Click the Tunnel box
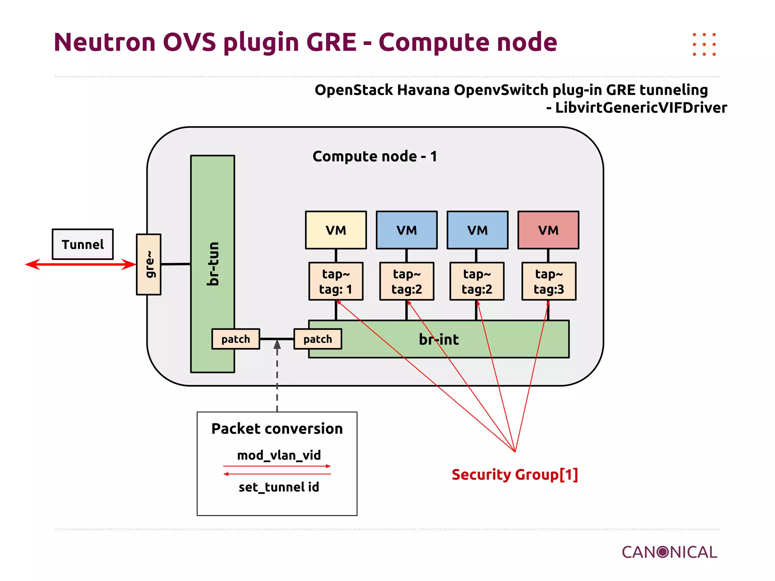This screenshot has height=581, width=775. [x=82, y=244]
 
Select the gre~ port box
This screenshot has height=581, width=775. [x=149, y=264]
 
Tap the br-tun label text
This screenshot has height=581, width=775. [x=213, y=264]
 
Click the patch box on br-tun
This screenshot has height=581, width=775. [x=235, y=339]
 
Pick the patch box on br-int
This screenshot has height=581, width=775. [x=318, y=339]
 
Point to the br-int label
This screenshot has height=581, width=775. [x=439, y=339]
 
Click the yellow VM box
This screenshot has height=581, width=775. [x=336, y=230]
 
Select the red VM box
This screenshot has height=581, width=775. [x=548, y=230]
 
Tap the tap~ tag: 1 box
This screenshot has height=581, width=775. [x=336, y=281]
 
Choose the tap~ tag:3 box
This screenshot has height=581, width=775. [x=549, y=281]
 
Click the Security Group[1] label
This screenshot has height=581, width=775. [x=515, y=474]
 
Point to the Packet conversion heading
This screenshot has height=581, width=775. [x=277, y=429]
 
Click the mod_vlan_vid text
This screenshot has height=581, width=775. [x=279, y=455]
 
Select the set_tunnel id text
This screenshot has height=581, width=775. [x=279, y=487]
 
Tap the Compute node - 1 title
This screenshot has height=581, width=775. [x=375, y=156]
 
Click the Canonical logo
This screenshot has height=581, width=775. [x=669, y=552]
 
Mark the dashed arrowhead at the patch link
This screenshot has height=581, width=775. [x=277, y=344]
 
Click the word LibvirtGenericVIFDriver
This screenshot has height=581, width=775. [x=641, y=108]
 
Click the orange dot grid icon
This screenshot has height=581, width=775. [x=704, y=44]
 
